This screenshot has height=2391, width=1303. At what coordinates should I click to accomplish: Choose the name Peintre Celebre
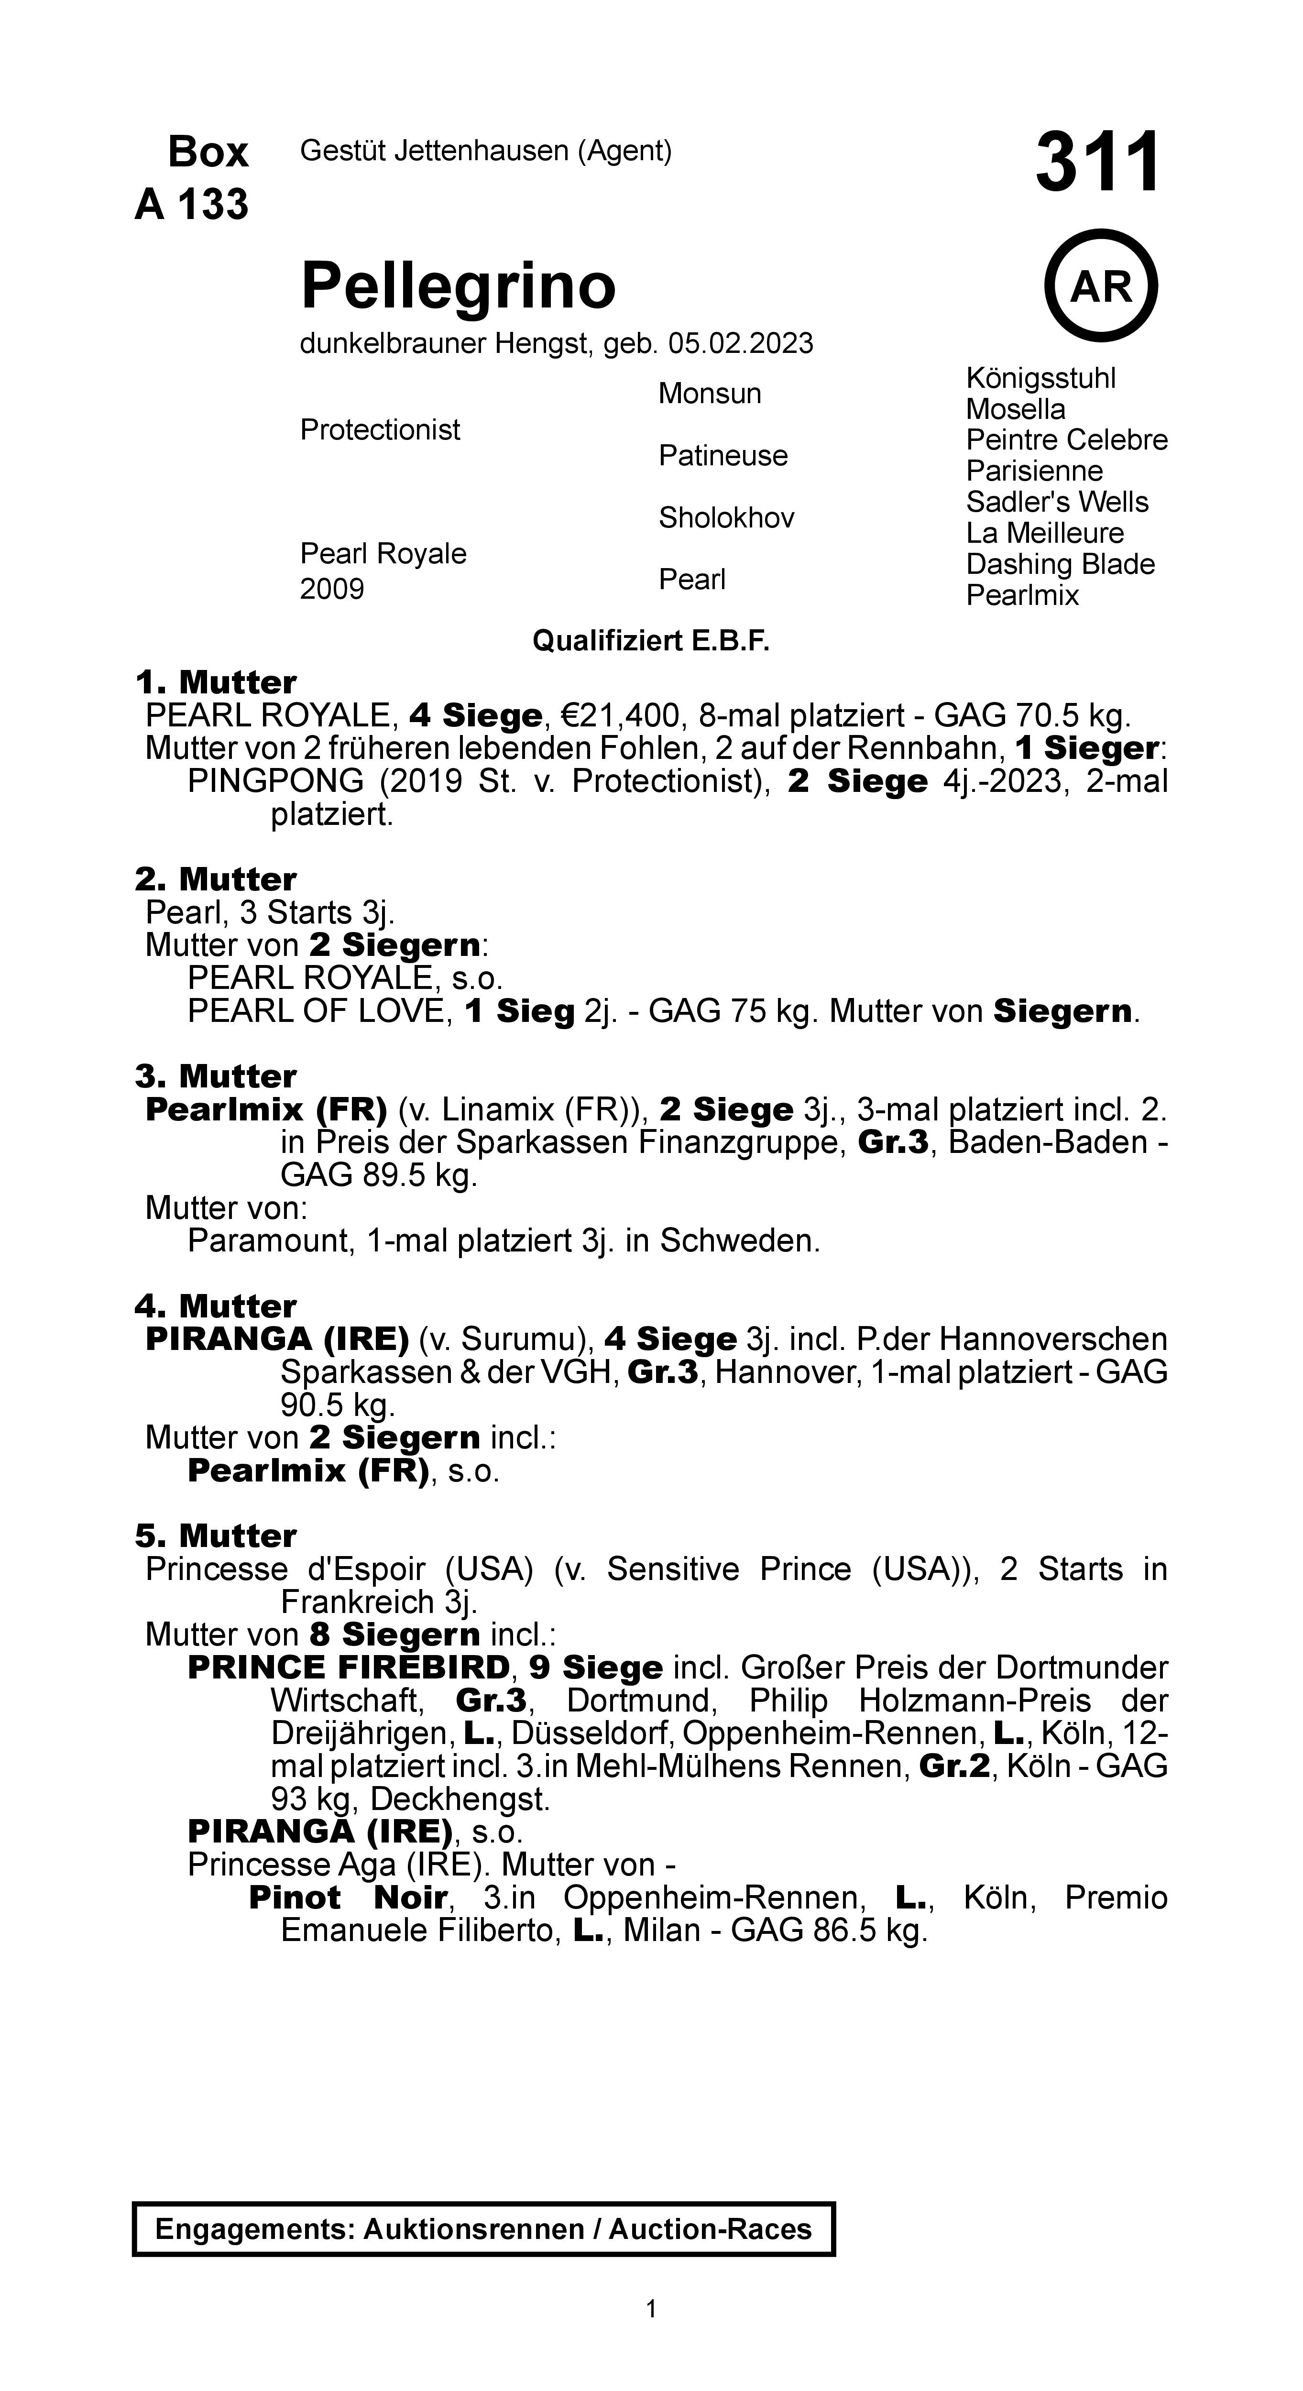pos(1066,440)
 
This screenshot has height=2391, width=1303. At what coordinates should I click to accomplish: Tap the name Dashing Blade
pos(1060,564)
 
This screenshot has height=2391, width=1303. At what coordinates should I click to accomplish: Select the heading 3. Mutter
pos(215,1077)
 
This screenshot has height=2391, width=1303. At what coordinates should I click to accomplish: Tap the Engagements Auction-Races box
pos(483,2229)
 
